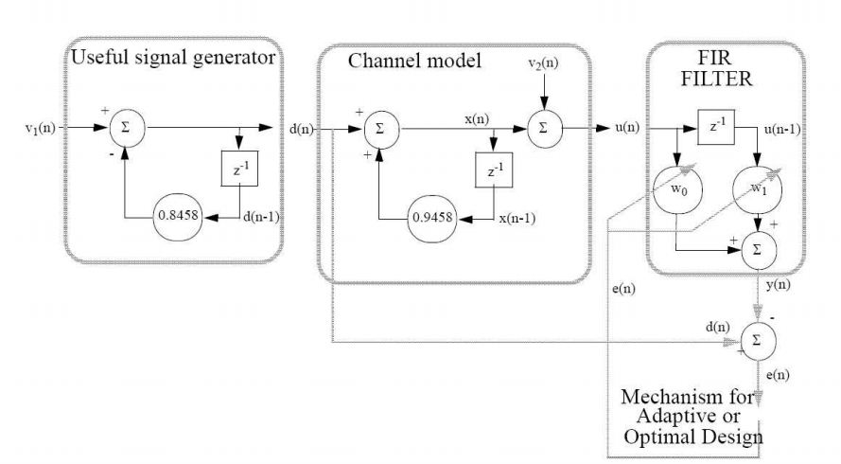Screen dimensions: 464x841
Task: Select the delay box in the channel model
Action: (x=494, y=174)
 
